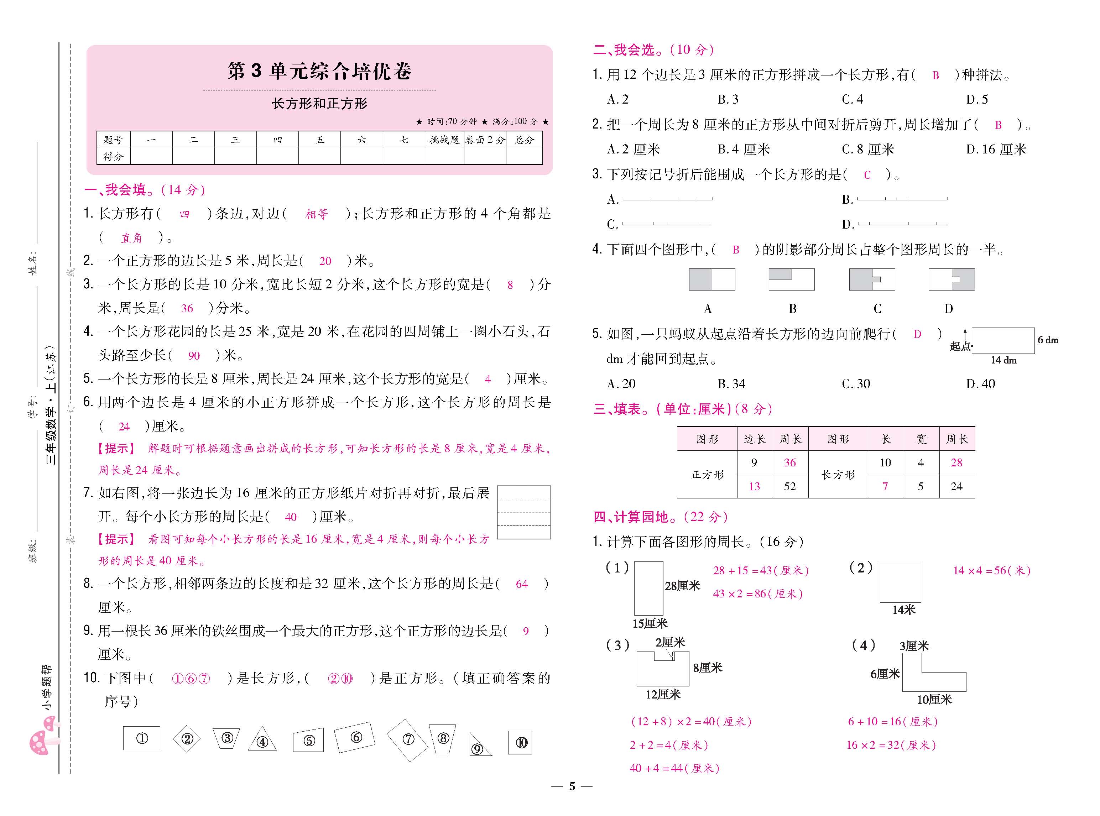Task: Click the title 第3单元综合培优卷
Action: pyautogui.click(x=319, y=72)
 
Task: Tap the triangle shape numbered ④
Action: pyautogui.click(x=262, y=740)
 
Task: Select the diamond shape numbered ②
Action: pyautogui.click(x=187, y=739)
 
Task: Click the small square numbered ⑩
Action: pyautogui.click(x=520, y=742)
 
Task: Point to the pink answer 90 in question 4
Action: pyautogui.click(x=194, y=356)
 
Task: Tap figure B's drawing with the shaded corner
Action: pyautogui.click(x=791, y=279)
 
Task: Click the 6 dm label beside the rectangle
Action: pyautogui.click(x=1048, y=340)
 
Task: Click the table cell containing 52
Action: pyautogui.click(x=790, y=487)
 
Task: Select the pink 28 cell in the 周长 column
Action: pyautogui.click(x=956, y=463)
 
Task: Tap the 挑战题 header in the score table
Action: pyautogui.click(x=444, y=140)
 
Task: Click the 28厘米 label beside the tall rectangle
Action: pyautogui.click(x=682, y=586)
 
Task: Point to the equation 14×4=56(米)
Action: pyautogui.click(x=991, y=570)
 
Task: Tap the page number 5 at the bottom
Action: pyautogui.click(x=572, y=786)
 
